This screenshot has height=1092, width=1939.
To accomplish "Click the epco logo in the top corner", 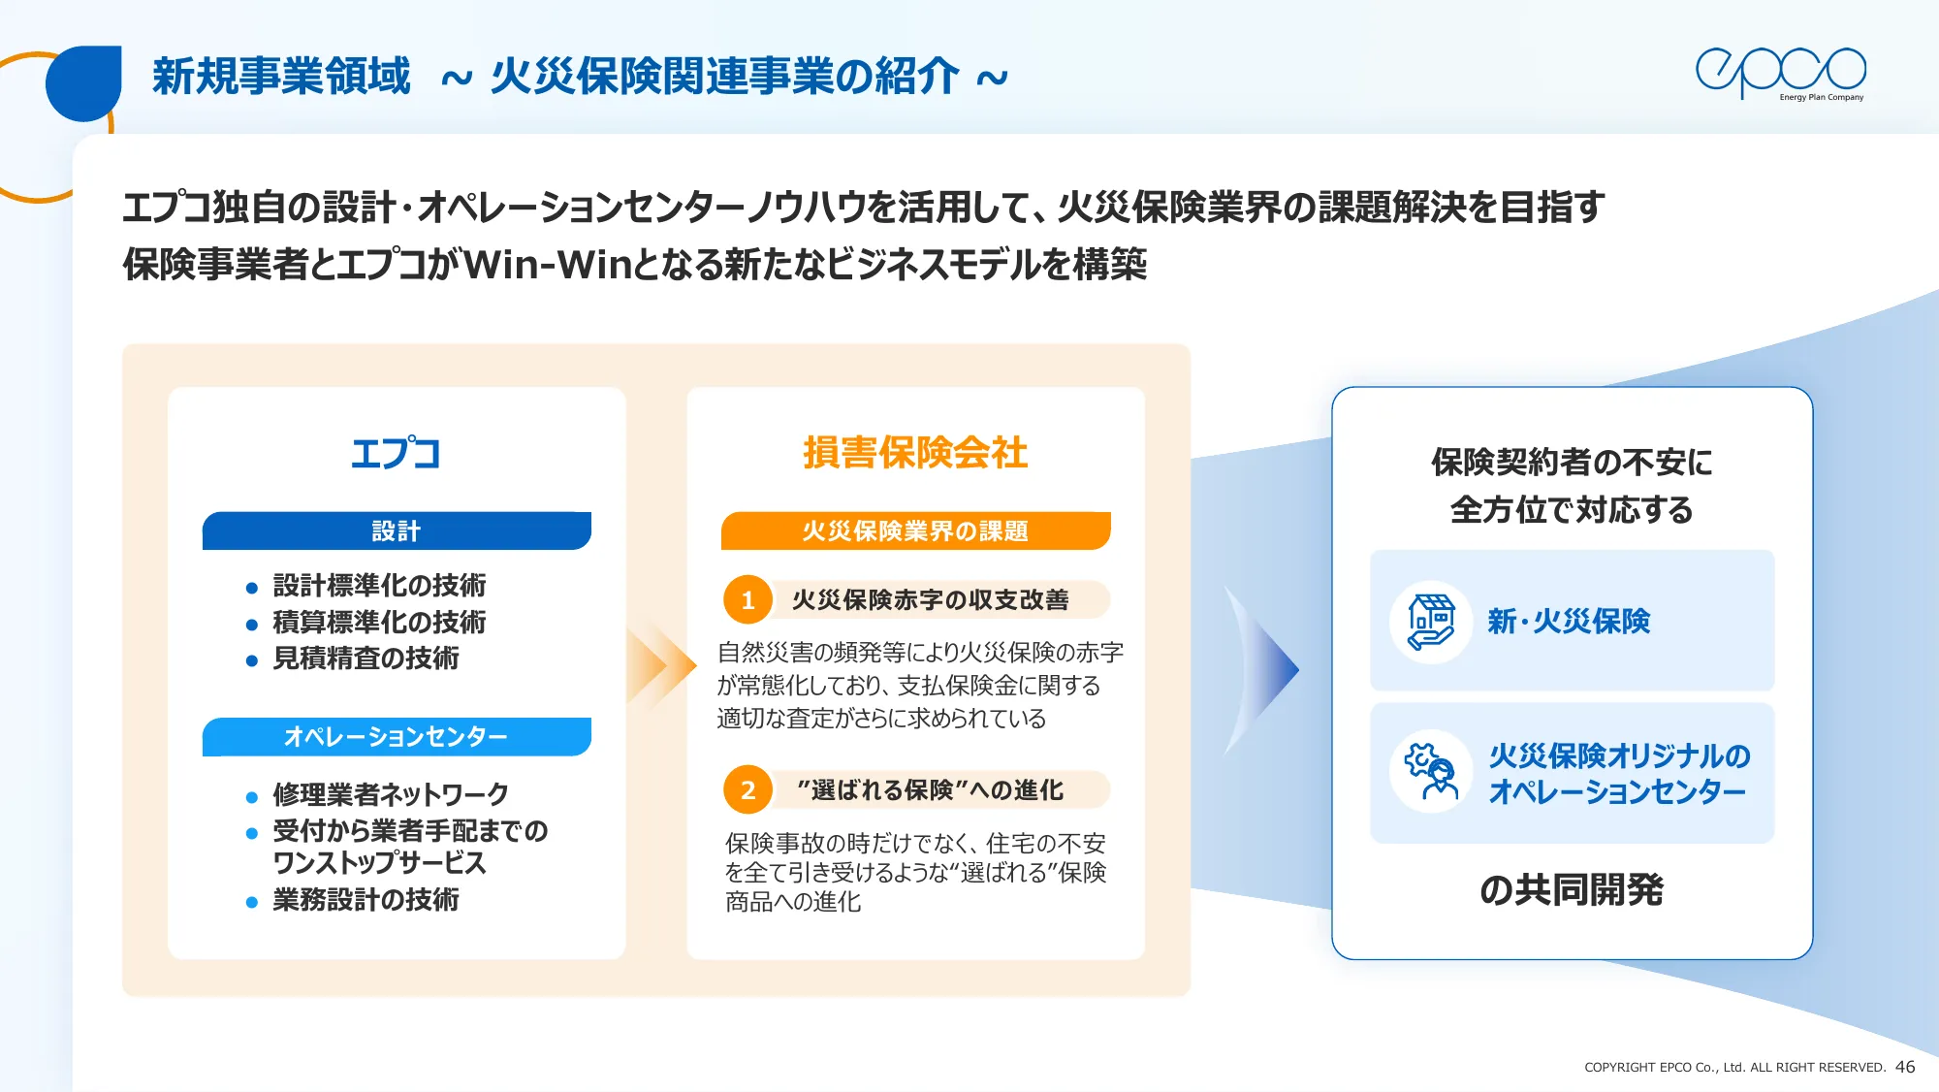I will pos(1780,73).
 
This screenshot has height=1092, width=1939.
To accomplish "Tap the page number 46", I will pos(1905,1067).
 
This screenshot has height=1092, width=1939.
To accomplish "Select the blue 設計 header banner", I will pos(397,530).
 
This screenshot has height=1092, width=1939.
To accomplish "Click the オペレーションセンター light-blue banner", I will pos(397,737).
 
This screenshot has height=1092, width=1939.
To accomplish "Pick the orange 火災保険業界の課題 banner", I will pos(915,530).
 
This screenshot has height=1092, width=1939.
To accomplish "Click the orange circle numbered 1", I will pos(747,600).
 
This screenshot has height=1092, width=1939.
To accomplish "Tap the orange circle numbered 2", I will pos(747,790).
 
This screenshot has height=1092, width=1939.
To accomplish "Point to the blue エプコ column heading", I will pos(396,453).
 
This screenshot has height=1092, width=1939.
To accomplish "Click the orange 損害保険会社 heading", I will pos(915,453).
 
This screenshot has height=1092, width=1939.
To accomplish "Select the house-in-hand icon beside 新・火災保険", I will pos(1431,622).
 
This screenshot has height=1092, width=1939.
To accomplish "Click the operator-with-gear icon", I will pos(1431,771).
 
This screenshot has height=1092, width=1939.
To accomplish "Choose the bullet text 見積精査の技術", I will pos(366,658).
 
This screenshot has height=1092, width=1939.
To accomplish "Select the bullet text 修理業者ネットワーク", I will pos(391,794).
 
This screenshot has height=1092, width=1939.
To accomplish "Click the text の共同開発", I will pos(1572,889).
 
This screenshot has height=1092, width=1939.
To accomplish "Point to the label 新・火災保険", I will pos(1569,622).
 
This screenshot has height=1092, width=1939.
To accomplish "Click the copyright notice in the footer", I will pos(1734,1068).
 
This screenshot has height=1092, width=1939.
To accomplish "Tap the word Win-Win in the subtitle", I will pos(549,264).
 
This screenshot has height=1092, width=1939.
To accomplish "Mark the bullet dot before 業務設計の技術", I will pos(252,902).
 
